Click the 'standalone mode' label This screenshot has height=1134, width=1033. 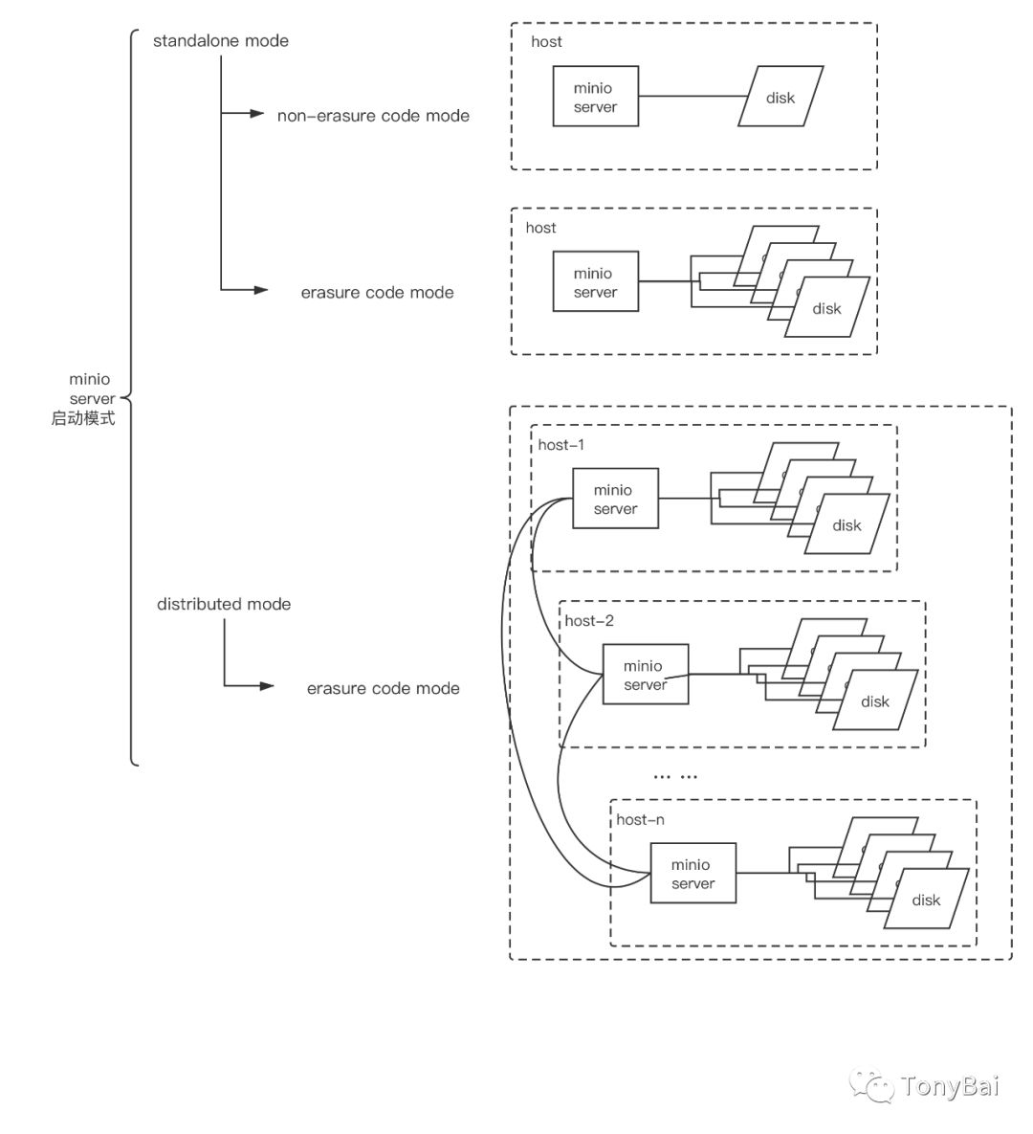point(220,41)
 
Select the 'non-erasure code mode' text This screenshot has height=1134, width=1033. point(373,116)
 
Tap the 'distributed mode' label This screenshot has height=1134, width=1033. point(224,604)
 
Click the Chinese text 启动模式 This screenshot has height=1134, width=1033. point(83,418)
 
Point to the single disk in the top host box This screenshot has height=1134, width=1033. point(780,97)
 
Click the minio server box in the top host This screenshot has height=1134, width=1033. point(595,97)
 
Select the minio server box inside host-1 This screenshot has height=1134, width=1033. point(615,499)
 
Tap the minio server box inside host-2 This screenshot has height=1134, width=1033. point(645,675)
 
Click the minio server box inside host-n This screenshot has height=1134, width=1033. point(692,873)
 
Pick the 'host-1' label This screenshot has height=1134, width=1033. point(561,445)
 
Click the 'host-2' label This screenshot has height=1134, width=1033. point(589,621)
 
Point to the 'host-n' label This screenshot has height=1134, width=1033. point(640,819)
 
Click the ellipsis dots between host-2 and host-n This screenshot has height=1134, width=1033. point(675,776)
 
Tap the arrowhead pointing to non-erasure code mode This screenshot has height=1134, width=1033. point(256,114)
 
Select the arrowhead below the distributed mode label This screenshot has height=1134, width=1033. point(267,686)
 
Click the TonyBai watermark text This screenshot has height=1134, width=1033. point(949,1086)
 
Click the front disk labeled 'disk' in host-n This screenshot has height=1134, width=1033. point(926,900)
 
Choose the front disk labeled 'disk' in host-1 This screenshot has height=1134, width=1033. point(846,524)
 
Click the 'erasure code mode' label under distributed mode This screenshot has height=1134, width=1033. point(383,688)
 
